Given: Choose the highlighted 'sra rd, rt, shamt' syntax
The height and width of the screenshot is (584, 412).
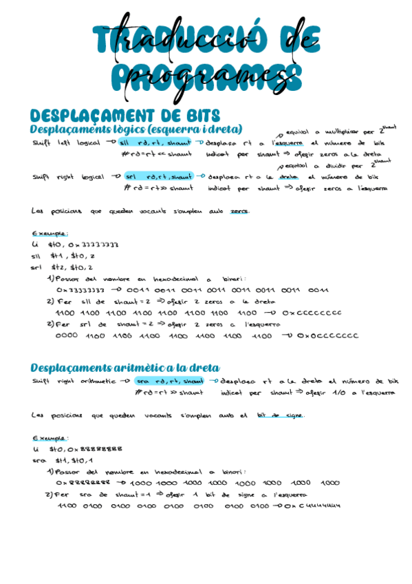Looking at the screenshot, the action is [x=170, y=381].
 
